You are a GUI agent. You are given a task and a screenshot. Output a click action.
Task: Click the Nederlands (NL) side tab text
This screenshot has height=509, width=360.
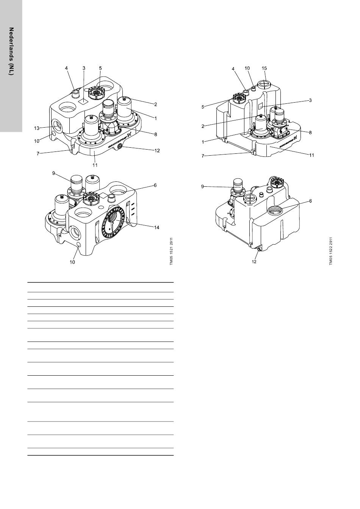11,51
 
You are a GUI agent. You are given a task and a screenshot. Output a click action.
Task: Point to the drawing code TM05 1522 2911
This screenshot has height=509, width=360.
331,252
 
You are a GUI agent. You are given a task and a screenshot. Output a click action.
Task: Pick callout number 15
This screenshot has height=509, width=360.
265,68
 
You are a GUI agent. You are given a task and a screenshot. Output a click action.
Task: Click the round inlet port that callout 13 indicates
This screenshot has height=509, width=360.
58,125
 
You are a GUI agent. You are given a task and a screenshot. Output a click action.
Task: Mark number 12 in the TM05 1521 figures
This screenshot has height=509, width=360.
157,150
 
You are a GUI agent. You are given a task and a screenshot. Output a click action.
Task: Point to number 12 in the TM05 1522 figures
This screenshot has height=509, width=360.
255,262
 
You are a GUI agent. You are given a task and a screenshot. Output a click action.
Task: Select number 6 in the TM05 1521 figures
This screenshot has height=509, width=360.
155,185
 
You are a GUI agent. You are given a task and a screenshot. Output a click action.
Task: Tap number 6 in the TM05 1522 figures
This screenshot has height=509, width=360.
310,201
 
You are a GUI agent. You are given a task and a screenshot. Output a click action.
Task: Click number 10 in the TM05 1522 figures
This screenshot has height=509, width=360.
247,68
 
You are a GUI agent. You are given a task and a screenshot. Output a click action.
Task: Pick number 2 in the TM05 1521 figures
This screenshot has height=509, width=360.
155,104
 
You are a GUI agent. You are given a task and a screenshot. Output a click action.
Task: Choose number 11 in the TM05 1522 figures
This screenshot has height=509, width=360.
312,155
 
